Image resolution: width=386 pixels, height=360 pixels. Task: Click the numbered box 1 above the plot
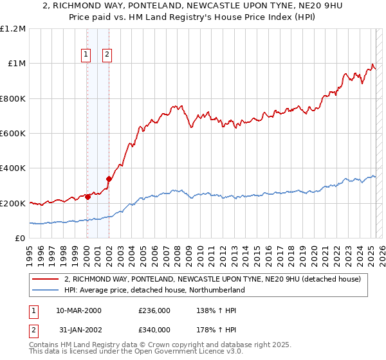pyautogui.click(x=86, y=55)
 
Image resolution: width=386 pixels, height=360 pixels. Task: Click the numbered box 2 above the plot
pyautogui.click(x=107, y=55)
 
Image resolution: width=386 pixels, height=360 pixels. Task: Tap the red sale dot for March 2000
pyautogui.click(x=87, y=197)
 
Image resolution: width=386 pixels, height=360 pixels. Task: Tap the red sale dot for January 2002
pyautogui.click(x=109, y=179)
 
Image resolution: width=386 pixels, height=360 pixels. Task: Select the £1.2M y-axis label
pyautogui.click(x=14, y=29)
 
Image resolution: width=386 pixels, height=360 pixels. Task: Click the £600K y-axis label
pyautogui.click(x=14, y=134)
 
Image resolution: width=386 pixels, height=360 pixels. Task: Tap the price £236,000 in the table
pyautogui.click(x=154, y=310)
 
